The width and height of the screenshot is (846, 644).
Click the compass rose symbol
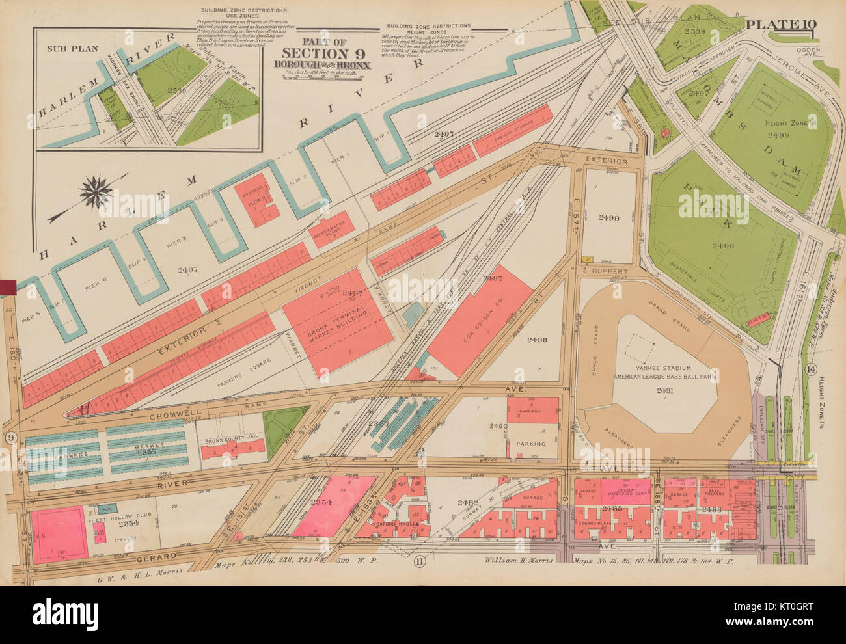[98, 193]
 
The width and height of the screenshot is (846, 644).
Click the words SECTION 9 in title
[322, 53]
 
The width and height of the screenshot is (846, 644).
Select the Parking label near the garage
[531, 444]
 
